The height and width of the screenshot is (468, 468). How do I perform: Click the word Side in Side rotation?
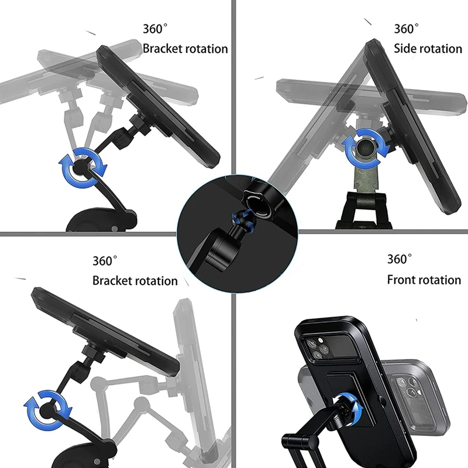click(405, 48)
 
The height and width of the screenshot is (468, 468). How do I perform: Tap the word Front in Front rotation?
click(402, 280)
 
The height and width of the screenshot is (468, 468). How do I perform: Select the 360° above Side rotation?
click(407, 29)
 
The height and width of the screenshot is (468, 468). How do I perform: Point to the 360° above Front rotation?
click(400, 259)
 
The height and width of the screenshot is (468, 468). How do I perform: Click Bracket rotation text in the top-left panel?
click(185, 48)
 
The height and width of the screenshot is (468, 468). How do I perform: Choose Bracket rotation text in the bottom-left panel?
click(135, 281)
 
